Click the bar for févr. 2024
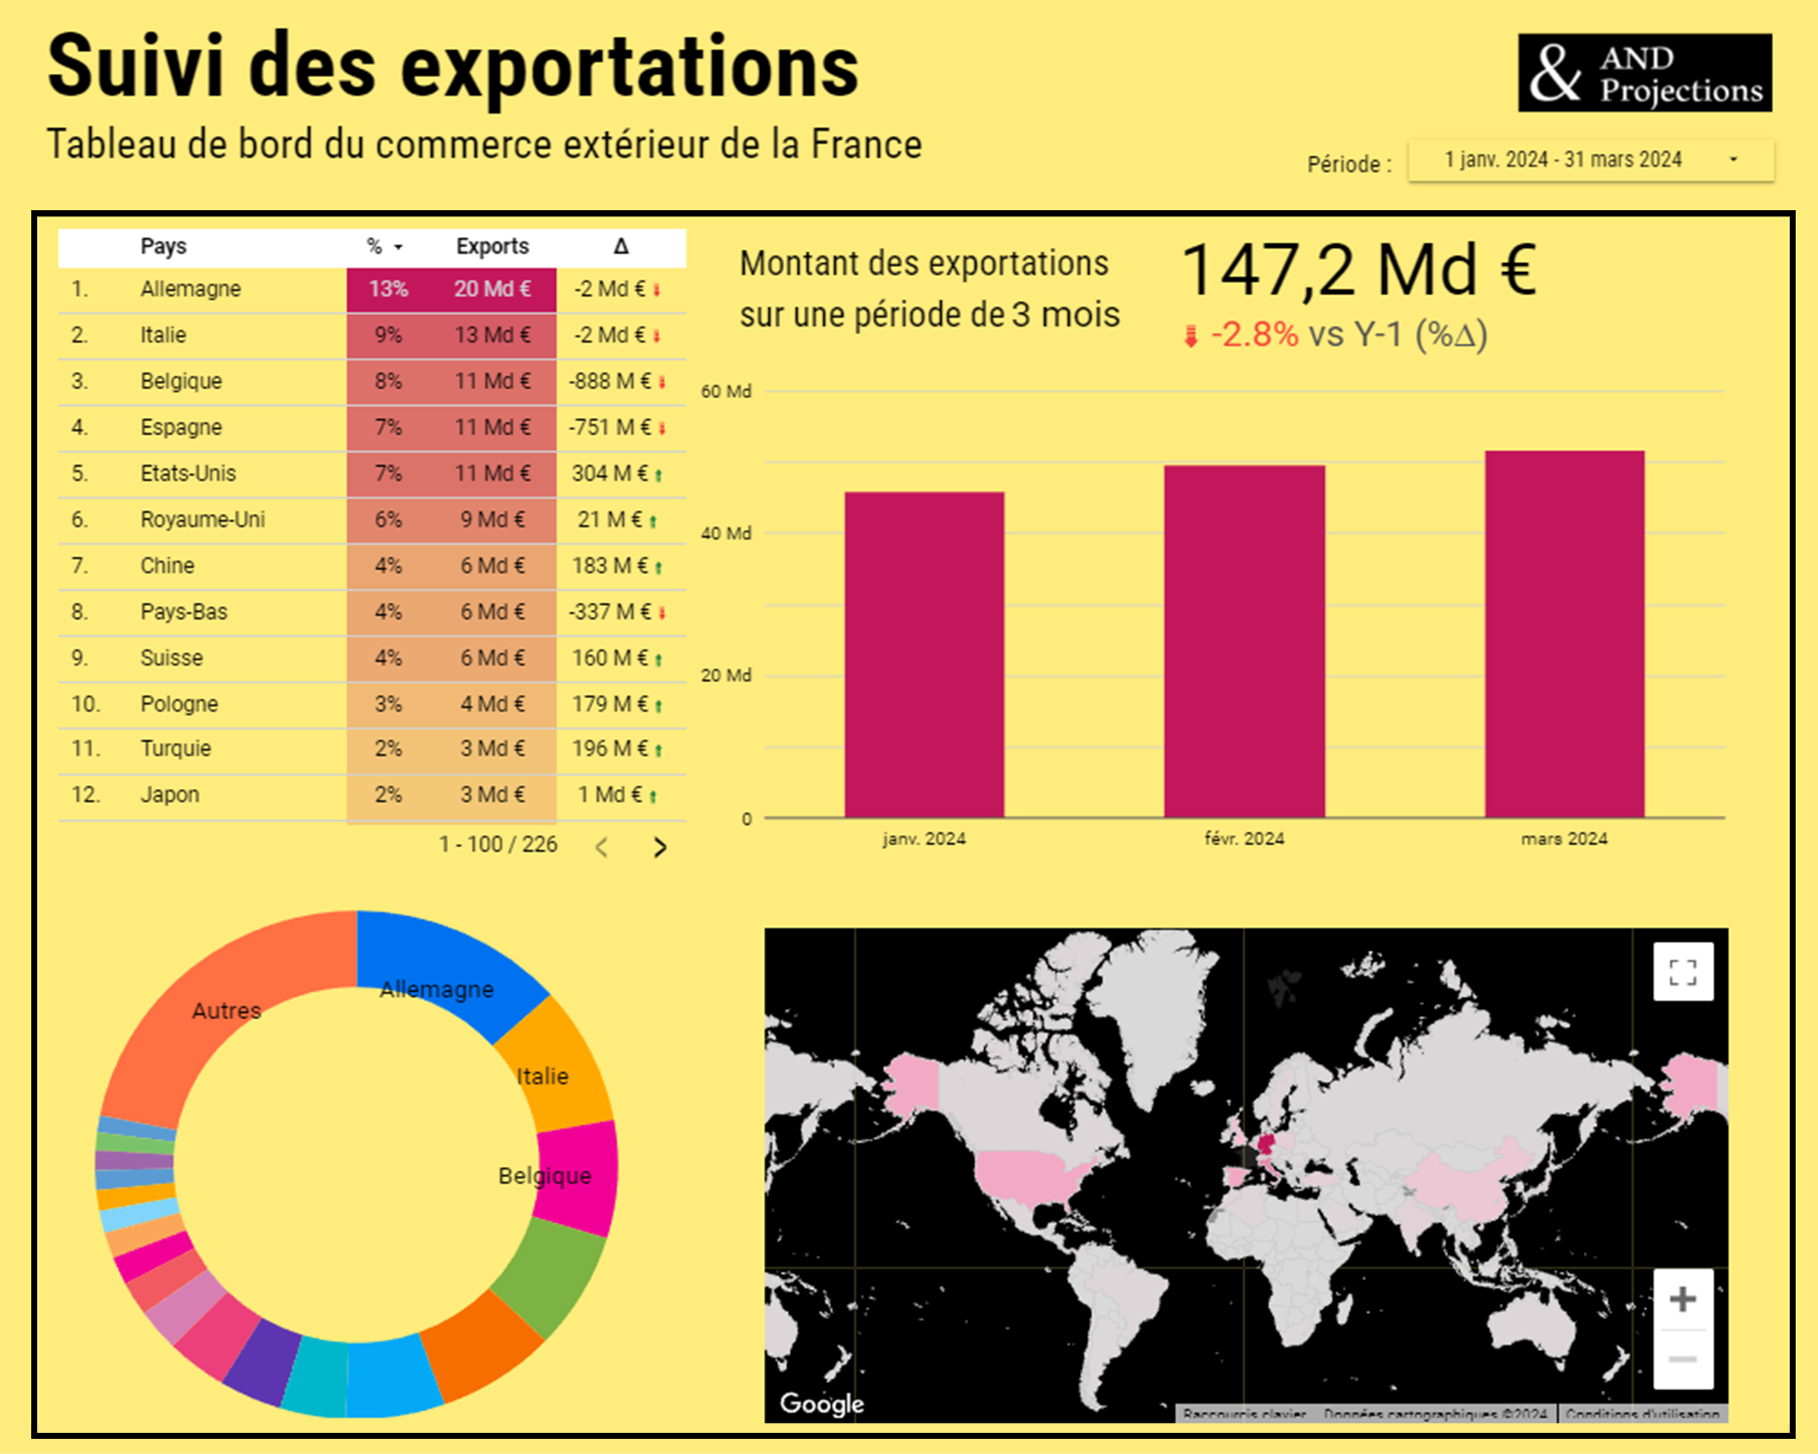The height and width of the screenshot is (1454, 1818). (1244, 641)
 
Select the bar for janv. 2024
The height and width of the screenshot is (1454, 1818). (924, 655)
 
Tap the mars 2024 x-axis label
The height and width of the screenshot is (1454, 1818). (1564, 838)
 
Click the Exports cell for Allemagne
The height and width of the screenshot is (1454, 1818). (492, 289)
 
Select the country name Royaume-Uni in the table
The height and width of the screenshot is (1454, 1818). (202, 520)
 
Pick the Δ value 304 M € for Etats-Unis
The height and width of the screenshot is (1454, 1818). (610, 473)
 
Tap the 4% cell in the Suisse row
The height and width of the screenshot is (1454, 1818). (388, 658)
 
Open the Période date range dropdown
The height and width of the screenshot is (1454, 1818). (1591, 160)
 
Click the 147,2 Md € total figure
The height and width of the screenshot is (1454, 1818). (1359, 270)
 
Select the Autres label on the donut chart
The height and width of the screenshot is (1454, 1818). (226, 1010)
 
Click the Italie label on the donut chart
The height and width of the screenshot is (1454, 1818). (542, 1076)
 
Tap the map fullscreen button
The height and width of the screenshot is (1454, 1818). (1682, 972)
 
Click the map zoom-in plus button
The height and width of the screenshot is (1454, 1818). (1682, 1299)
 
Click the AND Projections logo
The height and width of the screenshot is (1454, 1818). (1644, 73)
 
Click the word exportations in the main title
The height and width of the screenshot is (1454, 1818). (629, 67)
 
